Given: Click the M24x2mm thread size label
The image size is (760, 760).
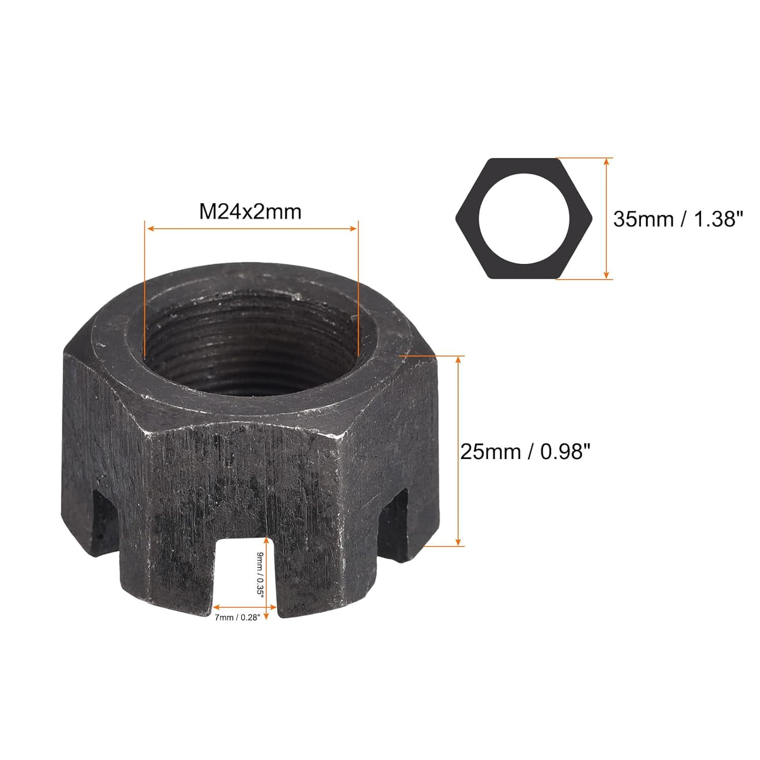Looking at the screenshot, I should click(x=250, y=211).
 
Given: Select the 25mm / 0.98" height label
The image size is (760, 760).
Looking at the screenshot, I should click(x=526, y=451).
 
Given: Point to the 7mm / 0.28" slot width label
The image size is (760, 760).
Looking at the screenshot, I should click(x=237, y=617).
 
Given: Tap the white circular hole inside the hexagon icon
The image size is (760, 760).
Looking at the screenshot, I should click(x=524, y=218).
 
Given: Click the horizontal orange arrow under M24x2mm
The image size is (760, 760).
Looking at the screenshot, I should click(x=251, y=229).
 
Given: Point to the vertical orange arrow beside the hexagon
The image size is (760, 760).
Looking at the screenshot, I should click(x=606, y=218).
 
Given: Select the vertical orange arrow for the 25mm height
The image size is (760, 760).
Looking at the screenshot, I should click(x=459, y=451).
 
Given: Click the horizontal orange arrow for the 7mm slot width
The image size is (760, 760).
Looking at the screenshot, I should click(x=245, y=606).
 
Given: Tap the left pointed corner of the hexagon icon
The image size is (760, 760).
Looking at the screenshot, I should click(x=458, y=218).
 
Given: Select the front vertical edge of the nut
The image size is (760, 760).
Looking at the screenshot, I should click(x=324, y=507).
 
